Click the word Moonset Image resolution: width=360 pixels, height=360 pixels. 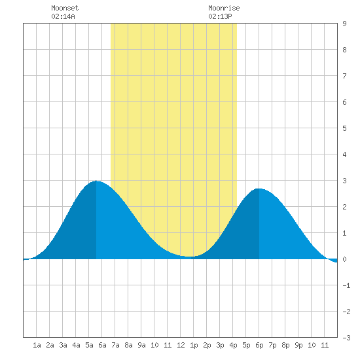point(65,8)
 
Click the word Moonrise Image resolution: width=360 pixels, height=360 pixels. point(224,8)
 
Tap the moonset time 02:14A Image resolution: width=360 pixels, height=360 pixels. point(63,16)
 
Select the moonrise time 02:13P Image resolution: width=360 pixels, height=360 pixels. point(220,16)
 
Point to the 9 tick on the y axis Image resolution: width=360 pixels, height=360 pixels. point(344,24)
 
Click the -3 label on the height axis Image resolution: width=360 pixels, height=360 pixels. point(346,338)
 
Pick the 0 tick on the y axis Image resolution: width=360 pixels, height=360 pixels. point(344,259)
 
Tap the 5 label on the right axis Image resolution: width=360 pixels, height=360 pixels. point(344,128)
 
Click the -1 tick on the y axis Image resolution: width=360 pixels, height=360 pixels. point(346,285)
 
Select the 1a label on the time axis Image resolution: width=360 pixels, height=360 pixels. point(37,345)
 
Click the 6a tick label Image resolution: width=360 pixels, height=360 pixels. point(102,345)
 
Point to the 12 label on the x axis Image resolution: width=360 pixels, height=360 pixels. point(181,345)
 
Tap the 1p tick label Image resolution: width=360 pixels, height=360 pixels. point(194,345)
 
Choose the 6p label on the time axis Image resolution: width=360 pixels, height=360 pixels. point(259,345)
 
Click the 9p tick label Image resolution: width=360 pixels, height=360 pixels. point(298,345)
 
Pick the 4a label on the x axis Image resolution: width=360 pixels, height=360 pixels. point(76,345)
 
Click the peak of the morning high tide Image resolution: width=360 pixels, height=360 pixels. point(96,181)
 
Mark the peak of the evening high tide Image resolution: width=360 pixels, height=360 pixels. point(259,189)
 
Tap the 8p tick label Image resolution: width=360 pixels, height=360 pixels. point(285,345)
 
